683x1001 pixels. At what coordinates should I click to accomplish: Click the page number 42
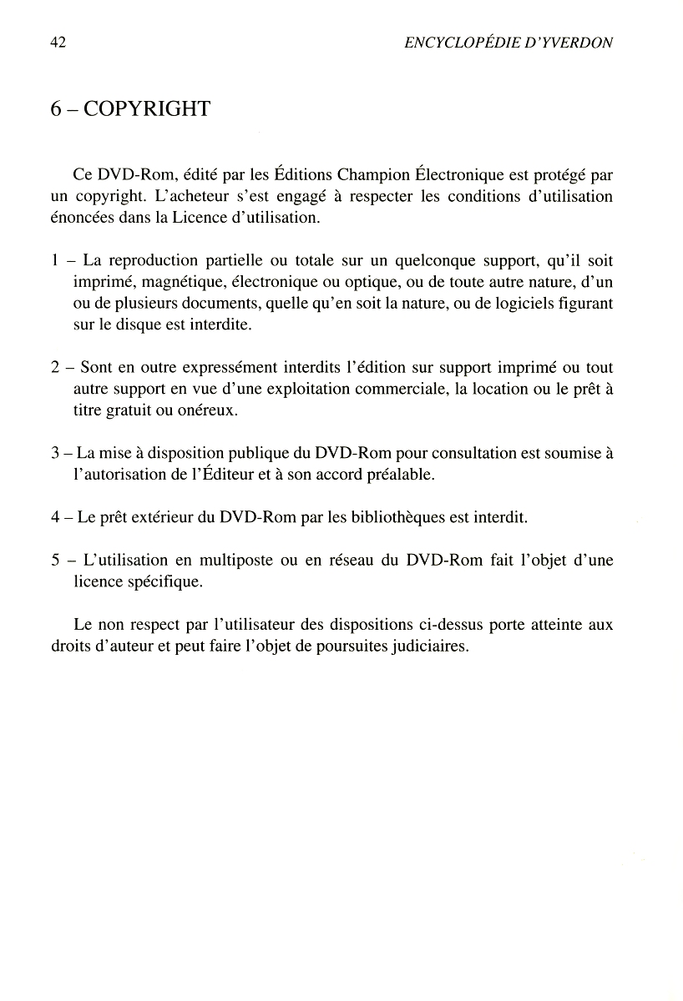58,43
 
